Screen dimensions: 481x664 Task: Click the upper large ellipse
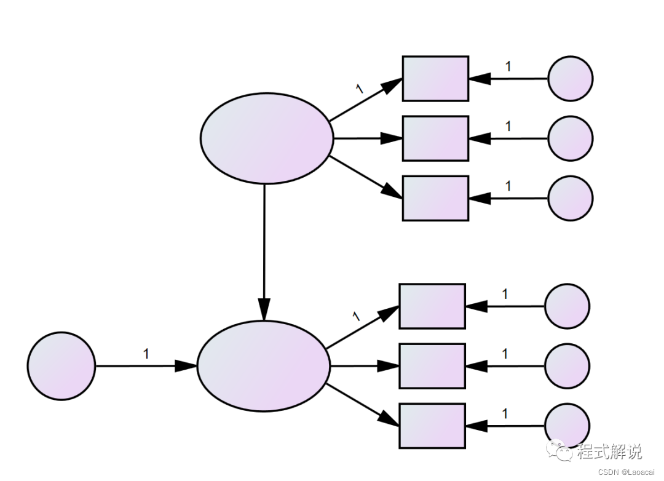pos(266,138)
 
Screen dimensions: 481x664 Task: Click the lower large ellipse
pos(263,366)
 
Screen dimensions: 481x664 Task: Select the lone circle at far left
pos(61,366)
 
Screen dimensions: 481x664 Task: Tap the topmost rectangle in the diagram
pos(435,79)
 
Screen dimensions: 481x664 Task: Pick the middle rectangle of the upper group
pos(435,138)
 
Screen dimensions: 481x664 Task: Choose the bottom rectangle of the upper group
pos(435,198)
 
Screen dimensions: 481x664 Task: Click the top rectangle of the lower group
pos(432,306)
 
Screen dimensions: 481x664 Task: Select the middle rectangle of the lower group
pos(432,366)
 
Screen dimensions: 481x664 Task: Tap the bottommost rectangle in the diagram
pos(432,426)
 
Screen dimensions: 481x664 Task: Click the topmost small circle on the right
pos(570,79)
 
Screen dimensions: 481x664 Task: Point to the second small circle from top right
pos(570,138)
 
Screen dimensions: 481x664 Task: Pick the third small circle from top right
pos(570,198)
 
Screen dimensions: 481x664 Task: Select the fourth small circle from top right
pos(567,306)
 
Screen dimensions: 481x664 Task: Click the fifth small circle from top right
pos(567,366)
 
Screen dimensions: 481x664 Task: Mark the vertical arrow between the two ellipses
pos(264,252)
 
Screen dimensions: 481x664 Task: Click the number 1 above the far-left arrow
pos(146,354)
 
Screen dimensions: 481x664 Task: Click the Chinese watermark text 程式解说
pos(609,452)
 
